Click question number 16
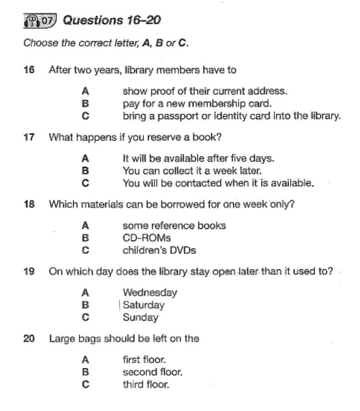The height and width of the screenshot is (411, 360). [x=29, y=70]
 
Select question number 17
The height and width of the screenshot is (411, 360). [x=29, y=137]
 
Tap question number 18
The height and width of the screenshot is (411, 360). [x=29, y=204]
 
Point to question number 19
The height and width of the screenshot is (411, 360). [x=29, y=271]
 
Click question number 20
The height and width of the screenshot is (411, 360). [x=29, y=338]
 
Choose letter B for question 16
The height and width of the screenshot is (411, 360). [x=85, y=104]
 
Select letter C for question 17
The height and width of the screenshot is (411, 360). [x=85, y=183]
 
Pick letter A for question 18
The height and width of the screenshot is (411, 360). [x=85, y=226]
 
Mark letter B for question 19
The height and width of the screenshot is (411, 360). [x=85, y=305]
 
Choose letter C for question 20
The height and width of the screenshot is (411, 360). [x=85, y=384]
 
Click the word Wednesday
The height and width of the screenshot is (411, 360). [x=150, y=292]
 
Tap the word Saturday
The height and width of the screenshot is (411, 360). [x=144, y=305]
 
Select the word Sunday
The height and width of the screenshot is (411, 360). [x=140, y=317]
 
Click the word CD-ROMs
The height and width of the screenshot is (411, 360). [x=146, y=238]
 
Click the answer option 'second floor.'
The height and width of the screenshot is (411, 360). [x=153, y=372]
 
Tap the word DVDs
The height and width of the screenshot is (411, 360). [x=183, y=251]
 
